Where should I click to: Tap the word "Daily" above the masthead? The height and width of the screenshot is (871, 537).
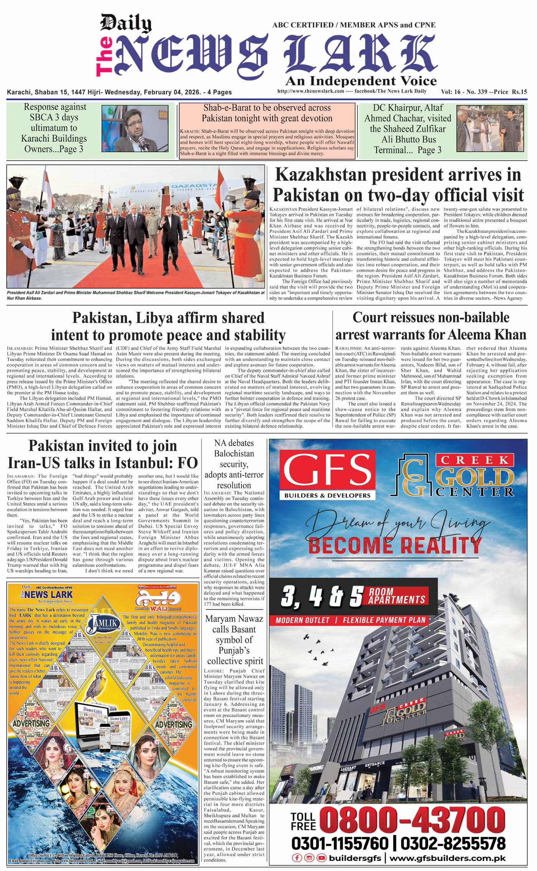(126, 23)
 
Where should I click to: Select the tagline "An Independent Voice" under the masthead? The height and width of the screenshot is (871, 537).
(361, 81)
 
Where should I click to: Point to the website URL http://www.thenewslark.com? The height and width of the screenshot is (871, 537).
(310, 91)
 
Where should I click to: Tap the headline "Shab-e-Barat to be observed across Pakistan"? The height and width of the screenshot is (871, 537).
(267, 113)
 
